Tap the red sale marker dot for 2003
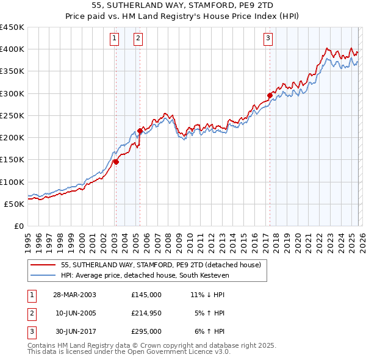click(115, 162)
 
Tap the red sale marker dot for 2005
click(140, 131)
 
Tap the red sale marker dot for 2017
click(269, 95)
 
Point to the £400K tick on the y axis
click(12, 49)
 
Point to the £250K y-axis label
click(12, 115)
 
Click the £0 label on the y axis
click(18, 226)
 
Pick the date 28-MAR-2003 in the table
click(74, 294)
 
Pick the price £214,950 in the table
click(146, 313)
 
